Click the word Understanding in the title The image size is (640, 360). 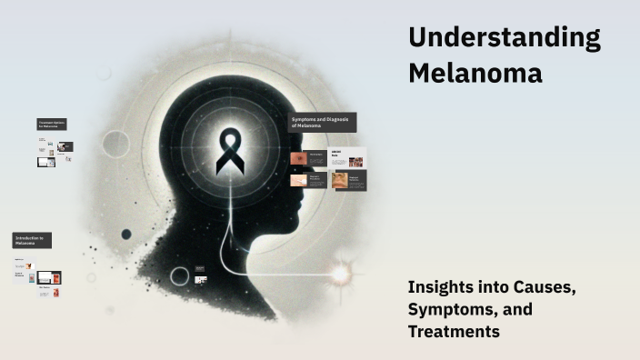click(x=504, y=39)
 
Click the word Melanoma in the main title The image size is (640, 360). click(x=475, y=73)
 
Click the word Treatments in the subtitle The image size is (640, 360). click(x=454, y=332)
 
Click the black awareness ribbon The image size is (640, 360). click(x=229, y=153)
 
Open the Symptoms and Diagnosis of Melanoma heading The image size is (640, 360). click(x=323, y=123)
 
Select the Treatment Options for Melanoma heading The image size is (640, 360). click(x=53, y=124)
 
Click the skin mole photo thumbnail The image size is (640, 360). click(x=298, y=158)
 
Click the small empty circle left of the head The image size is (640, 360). click(x=115, y=143)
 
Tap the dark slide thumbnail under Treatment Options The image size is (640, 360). click(x=66, y=146)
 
